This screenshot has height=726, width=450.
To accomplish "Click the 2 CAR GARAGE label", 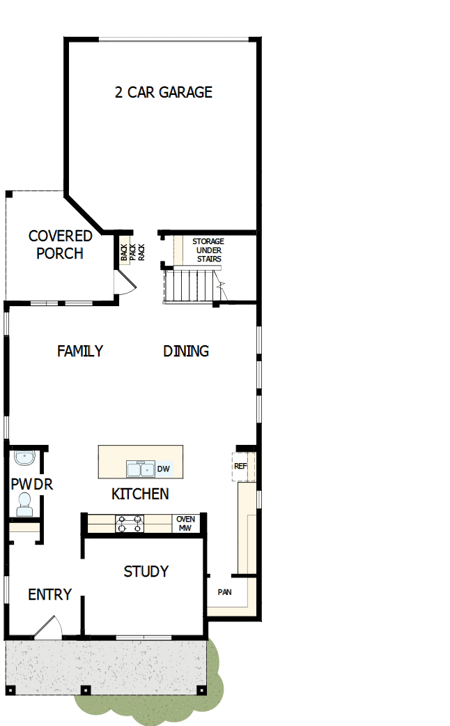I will (164, 92).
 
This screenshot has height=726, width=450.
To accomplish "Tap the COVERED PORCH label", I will (60, 245).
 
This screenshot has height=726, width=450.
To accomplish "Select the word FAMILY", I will (80, 351).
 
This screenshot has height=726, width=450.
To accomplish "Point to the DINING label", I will (186, 351).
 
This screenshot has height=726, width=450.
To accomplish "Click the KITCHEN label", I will (140, 494).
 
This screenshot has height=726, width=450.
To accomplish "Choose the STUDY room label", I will (146, 571).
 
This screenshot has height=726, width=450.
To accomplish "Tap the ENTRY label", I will (49, 594).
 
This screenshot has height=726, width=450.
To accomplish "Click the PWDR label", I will (31, 484).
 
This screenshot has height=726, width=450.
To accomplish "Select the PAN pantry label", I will (224, 592).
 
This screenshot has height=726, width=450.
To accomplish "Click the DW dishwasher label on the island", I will (164, 469).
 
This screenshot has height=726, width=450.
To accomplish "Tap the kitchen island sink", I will (140, 468).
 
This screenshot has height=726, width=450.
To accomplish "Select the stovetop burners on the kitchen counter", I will (130, 524).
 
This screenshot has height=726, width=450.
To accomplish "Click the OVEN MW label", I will (185, 524).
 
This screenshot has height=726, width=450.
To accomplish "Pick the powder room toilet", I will (24, 505).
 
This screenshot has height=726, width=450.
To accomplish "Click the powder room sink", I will (24, 459).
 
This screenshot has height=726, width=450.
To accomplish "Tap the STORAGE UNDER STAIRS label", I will (208, 250).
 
